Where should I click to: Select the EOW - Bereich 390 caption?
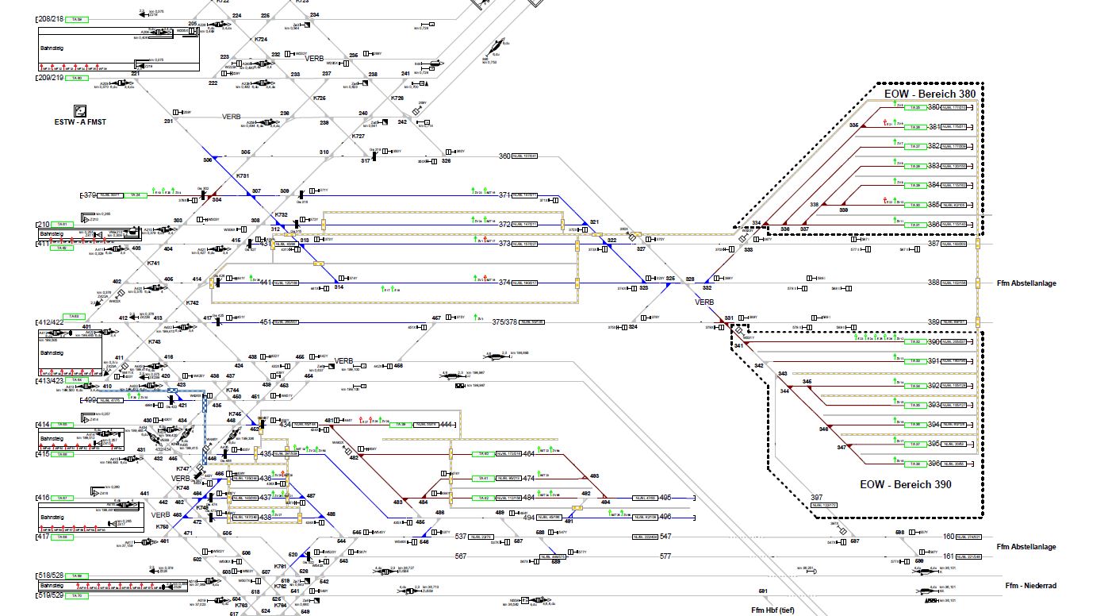[905, 483]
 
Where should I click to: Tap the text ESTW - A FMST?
[81, 121]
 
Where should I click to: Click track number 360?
[504, 156]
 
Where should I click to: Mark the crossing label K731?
[243, 175]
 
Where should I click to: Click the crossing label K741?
[154, 263]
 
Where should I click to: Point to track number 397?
[816, 498]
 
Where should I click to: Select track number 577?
[665, 556]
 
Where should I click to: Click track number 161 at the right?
[949, 556]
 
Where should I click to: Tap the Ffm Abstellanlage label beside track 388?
[1027, 283]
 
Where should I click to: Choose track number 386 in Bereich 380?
[934, 225]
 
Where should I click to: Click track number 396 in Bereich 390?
[934, 464]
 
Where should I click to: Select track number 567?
[461, 556]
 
